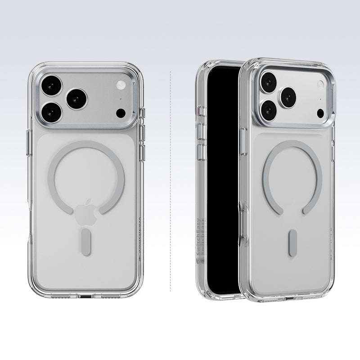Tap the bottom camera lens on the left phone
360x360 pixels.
click(x=53, y=112)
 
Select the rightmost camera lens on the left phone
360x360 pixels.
click(x=76, y=98)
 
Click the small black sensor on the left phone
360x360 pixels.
click(x=120, y=112)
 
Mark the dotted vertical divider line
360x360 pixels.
click(x=170, y=180)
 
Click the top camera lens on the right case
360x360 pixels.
click(x=268, y=82)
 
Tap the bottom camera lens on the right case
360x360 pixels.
click(x=269, y=108)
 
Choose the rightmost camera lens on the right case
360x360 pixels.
click(x=288, y=96)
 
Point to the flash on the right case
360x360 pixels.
click(x=320, y=84)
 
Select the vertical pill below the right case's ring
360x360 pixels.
click(x=292, y=243)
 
